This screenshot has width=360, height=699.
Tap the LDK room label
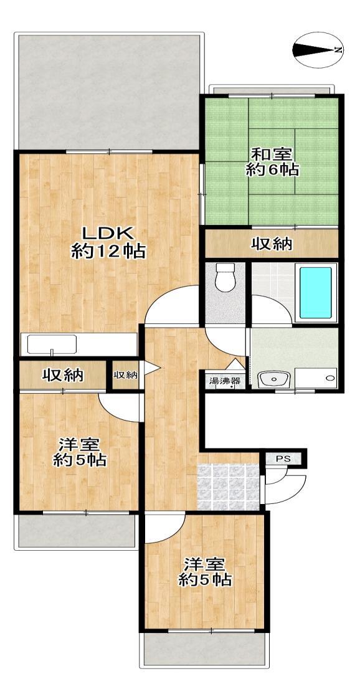coord(107,233)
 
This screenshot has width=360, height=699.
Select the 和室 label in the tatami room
coord(272,155)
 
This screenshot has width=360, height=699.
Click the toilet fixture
coord(224,277)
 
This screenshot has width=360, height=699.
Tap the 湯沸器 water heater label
coord(225,381)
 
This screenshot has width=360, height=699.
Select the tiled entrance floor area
coord(228,487)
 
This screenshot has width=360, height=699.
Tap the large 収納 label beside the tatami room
coord(272,244)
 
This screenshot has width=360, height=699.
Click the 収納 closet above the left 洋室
coord(62,375)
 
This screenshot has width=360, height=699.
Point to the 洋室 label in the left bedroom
coord(80,444)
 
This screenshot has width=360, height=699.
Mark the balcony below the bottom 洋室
coord(205,649)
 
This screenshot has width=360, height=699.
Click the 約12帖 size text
coord(109,252)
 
